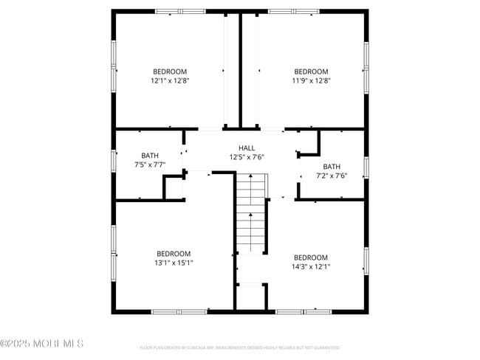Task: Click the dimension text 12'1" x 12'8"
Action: tap(170, 80)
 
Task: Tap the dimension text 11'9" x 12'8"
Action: tap(310, 80)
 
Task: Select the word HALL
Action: tap(247, 148)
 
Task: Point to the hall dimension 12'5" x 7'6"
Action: tap(247, 156)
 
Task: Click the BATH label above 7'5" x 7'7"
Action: tap(150, 156)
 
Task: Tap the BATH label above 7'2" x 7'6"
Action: tap(332, 167)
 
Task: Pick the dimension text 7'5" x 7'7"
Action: tap(150, 165)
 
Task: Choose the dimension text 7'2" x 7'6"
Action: tap(332, 176)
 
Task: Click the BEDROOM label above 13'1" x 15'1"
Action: tap(174, 253)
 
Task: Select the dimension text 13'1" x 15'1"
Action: tap(174, 263)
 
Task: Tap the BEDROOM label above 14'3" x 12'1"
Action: tap(311, 257)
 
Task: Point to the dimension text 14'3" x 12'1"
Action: tap(311, 266)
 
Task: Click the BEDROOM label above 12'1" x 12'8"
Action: tap(170, 72)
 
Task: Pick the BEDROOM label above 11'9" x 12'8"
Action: tap(310, 72)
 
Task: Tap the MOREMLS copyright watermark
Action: tap(42, 344)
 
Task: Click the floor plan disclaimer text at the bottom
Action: tap(240, 347)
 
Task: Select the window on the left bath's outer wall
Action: tap(114, 160)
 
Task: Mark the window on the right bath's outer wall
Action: tap(366, 167)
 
